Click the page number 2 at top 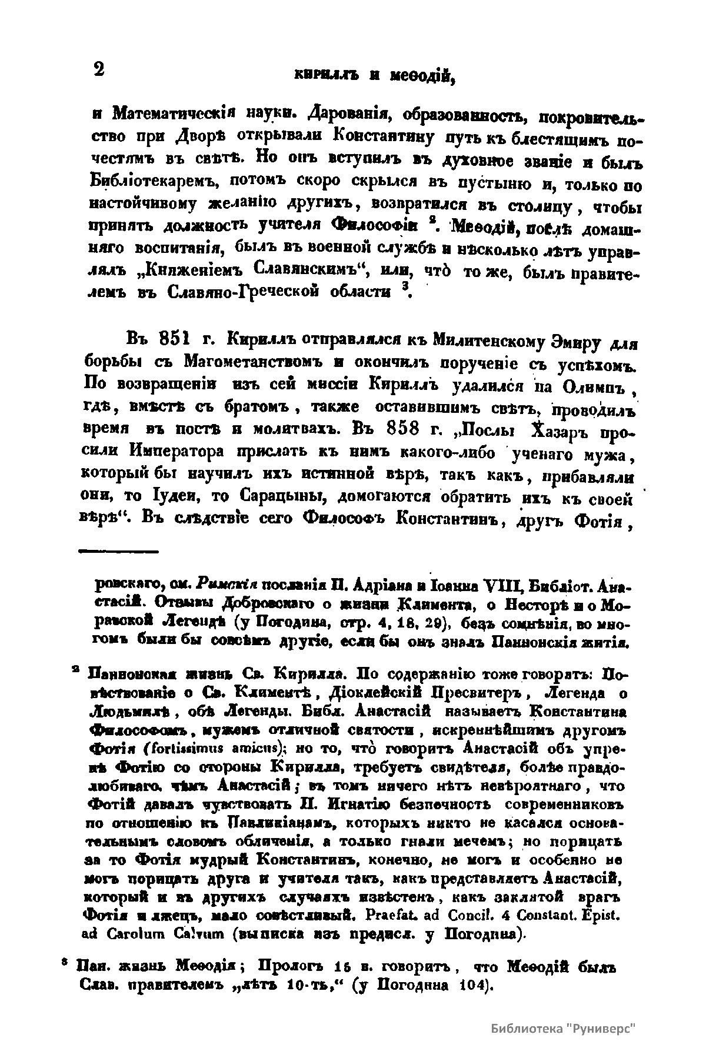(98, 69)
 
